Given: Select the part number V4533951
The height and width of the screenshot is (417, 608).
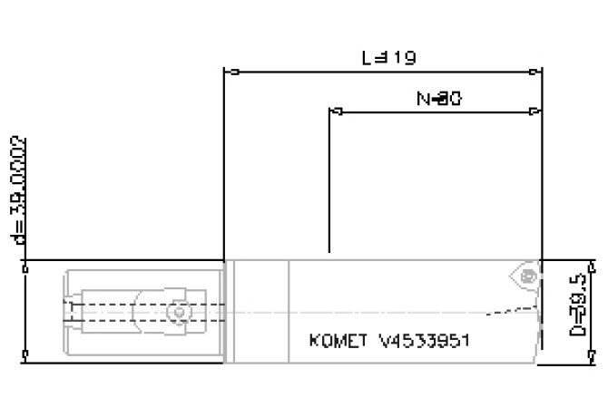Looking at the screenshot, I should point(425,342).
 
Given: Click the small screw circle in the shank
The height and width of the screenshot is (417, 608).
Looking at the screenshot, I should point(181,313).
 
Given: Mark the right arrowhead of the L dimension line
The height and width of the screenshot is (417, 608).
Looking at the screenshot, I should point(537,72).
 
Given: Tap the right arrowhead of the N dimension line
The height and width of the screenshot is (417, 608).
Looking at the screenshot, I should point(536,112).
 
